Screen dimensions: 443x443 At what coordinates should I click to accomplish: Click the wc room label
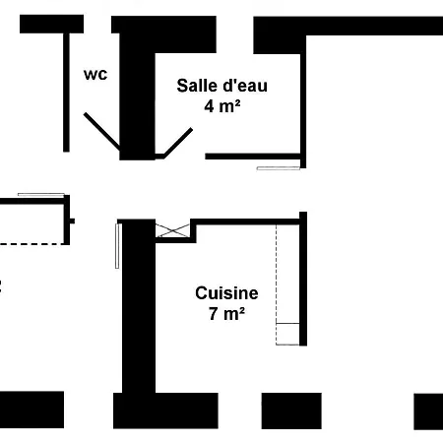pos(95,74)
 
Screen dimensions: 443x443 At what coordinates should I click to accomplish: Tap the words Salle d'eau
pos(221,85)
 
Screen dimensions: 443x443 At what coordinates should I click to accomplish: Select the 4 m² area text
pos(222,106)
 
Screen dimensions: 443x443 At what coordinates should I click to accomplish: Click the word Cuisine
pos(226,292)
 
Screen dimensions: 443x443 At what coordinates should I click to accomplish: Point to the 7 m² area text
pos(226,314)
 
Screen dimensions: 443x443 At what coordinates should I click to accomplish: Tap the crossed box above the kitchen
pos(172,230)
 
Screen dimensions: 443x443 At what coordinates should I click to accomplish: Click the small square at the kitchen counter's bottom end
pos(287,334)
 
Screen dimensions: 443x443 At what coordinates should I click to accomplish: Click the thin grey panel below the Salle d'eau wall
pos(277,168)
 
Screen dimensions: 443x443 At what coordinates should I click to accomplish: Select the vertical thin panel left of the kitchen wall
pos(117,245)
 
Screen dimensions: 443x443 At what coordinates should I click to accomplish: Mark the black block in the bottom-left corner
pos(32,410)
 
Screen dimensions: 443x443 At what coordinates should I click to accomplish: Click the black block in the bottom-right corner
pos(428,411)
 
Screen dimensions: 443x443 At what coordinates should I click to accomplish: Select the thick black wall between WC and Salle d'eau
pos(136,89)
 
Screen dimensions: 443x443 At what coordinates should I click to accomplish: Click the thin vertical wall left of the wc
pos(66,89)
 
